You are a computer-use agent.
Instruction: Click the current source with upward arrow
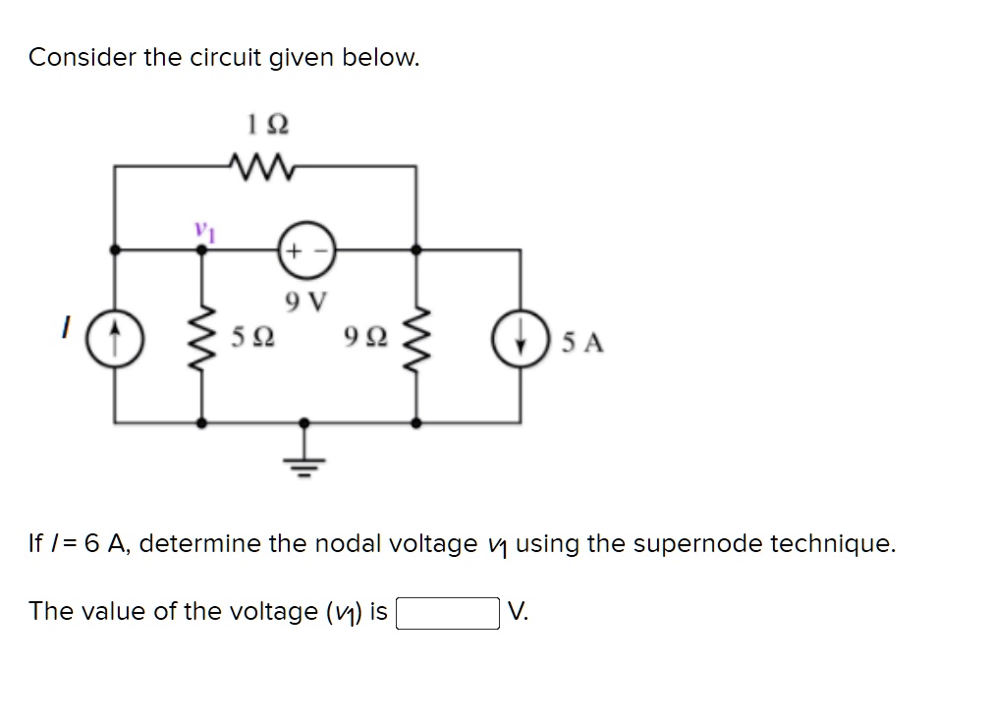(116, 336)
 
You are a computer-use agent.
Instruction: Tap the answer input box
(447, 612)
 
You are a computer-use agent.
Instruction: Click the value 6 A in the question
(106, 543)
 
